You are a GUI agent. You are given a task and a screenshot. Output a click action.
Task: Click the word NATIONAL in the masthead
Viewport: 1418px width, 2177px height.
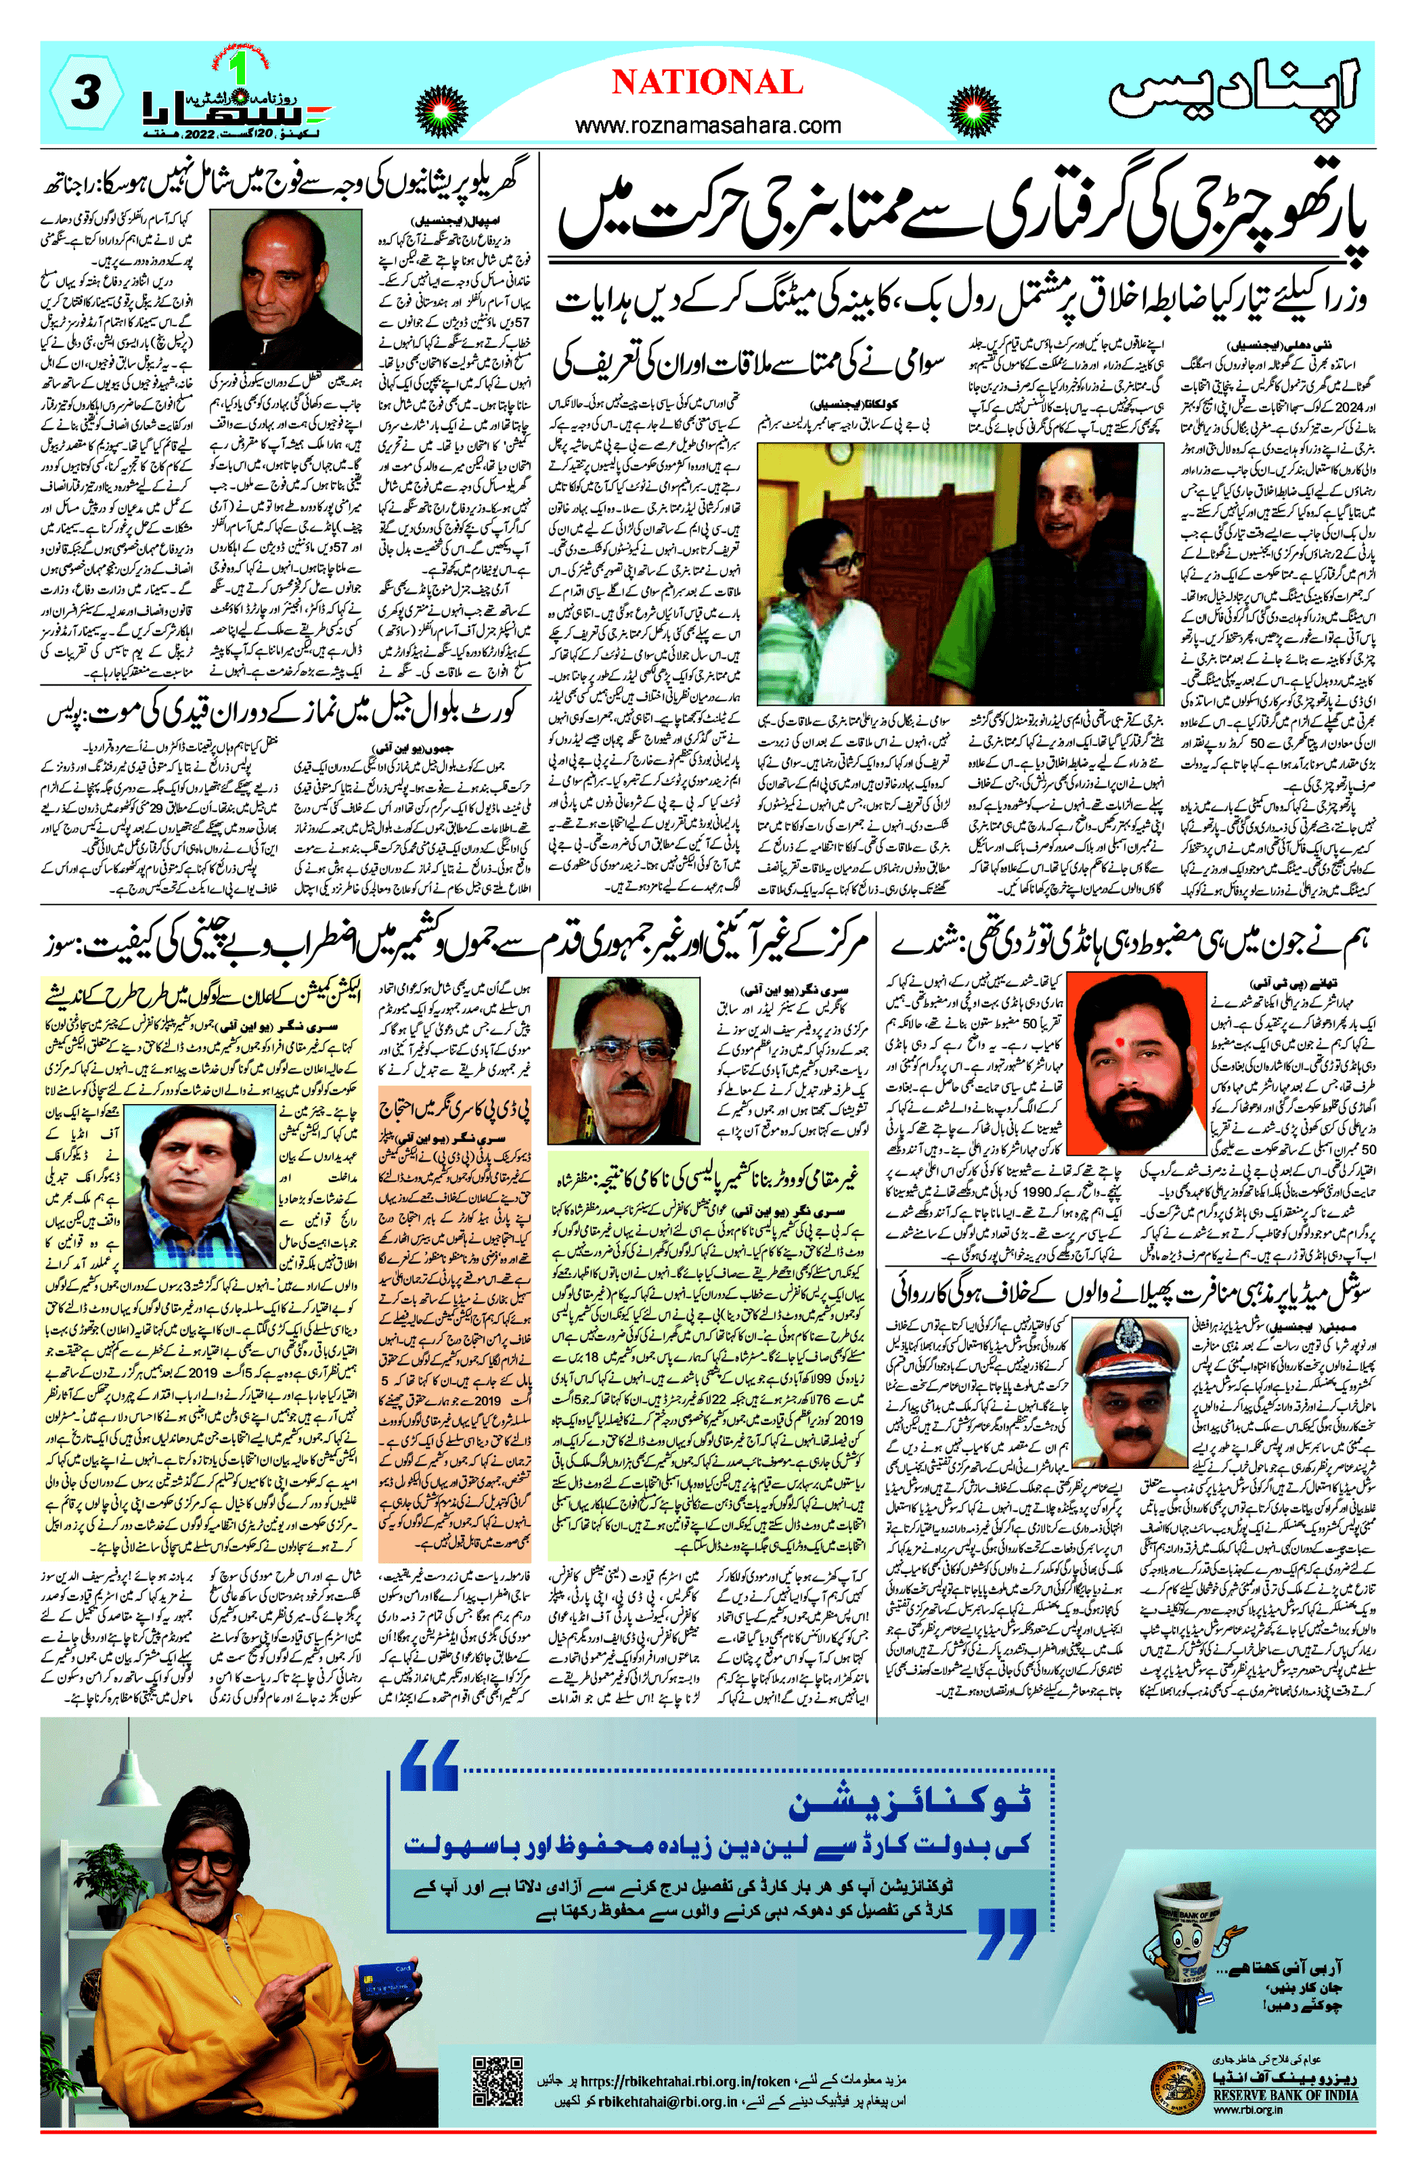click(x=707, y=83)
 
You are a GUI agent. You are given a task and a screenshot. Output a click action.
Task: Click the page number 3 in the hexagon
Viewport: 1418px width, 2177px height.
click(x=85, y=93)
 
